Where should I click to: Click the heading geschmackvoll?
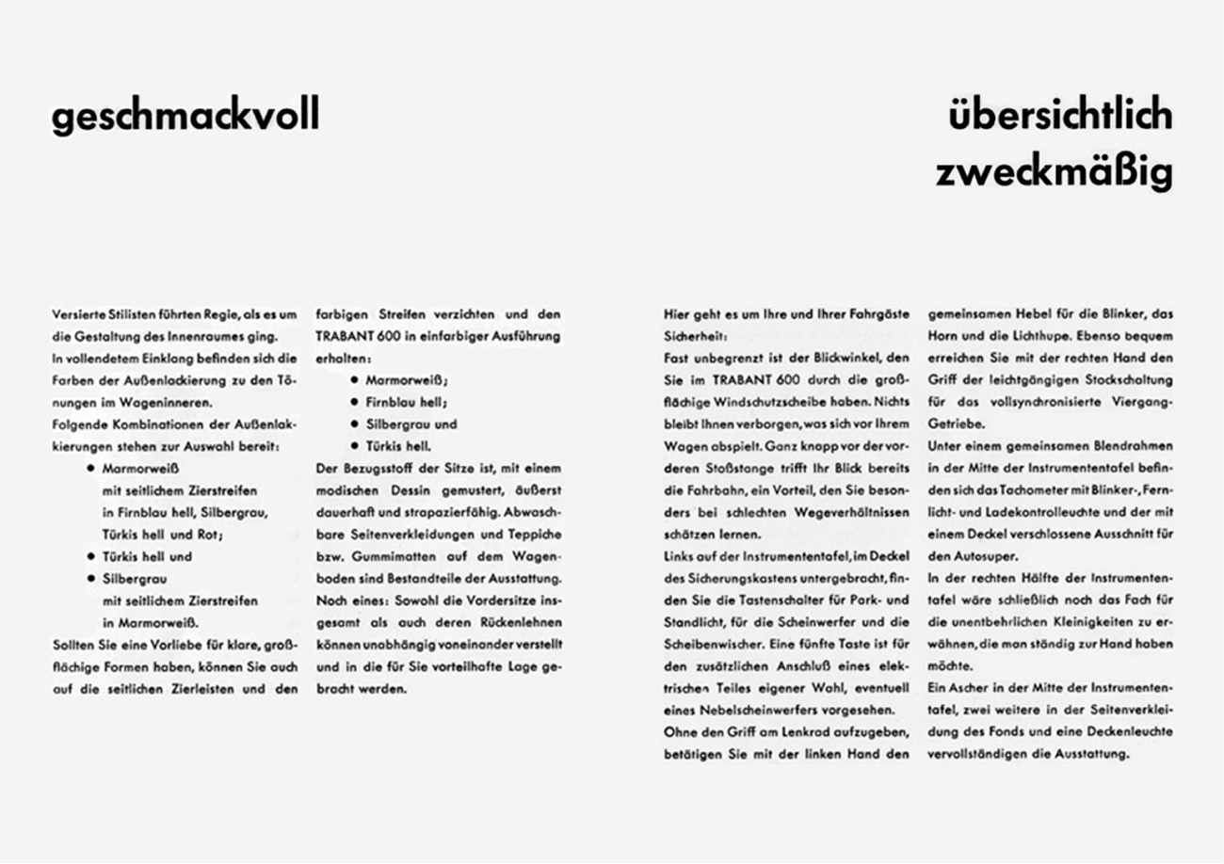185,116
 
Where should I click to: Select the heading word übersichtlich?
1060,116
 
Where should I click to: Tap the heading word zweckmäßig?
1054,173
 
